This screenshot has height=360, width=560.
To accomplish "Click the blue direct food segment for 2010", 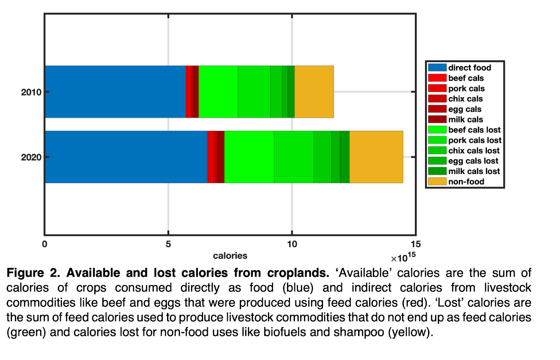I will pos(115,92).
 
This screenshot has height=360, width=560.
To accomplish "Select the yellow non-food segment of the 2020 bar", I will pos(376,157).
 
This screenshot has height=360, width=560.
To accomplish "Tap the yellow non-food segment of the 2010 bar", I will pos(314,92).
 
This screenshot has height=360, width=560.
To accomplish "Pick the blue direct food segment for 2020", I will pos(126,157).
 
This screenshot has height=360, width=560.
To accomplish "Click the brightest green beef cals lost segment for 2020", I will pos(249,157).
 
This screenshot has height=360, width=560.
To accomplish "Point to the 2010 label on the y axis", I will pos(31,92).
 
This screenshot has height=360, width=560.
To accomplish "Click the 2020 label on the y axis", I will pos(31,157).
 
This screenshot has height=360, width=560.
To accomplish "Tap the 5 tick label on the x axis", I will pos(168,244).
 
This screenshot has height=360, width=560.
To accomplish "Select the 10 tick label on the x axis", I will pos(292,244).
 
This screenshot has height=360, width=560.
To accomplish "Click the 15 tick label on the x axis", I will pos(415,244).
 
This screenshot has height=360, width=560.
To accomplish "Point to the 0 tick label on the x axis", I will pos(44,244).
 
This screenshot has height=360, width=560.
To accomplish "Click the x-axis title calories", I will pos(230,256).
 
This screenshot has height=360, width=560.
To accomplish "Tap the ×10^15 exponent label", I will pos(403,258).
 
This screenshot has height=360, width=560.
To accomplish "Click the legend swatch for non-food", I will pos(437,181).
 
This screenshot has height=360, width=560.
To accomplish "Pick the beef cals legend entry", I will pos(466,78).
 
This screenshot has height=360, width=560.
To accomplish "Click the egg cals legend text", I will pos(465,109).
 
